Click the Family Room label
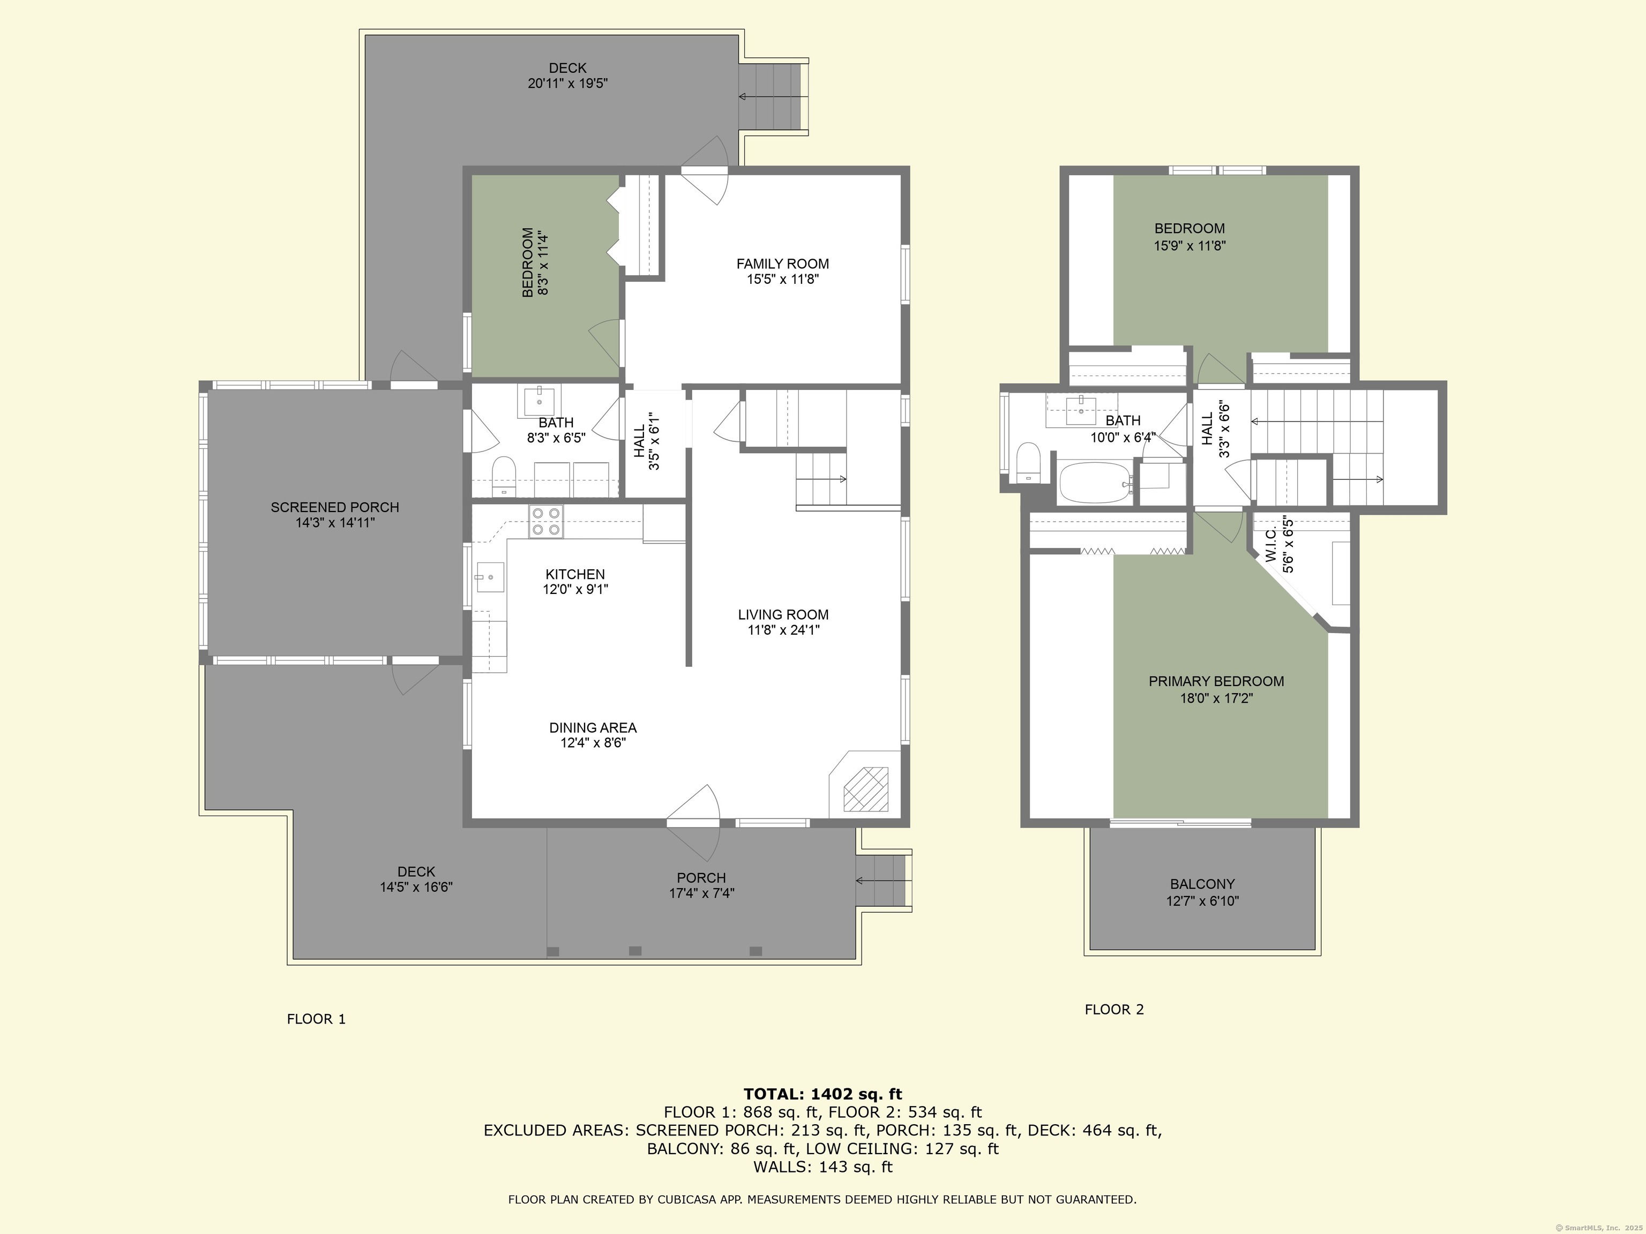tap(782, 264)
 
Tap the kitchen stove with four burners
tap(546, 522)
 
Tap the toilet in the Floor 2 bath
tap(1028, 463)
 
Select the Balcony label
tap(1202, 884)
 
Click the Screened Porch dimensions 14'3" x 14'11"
tap(335, 523)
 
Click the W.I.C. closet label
tap(1271, 545)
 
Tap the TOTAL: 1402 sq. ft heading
tap(822, 1094)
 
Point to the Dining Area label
tap(593, 727)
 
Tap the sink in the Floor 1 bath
tap(538, 402)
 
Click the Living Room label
tap(783, 614)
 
